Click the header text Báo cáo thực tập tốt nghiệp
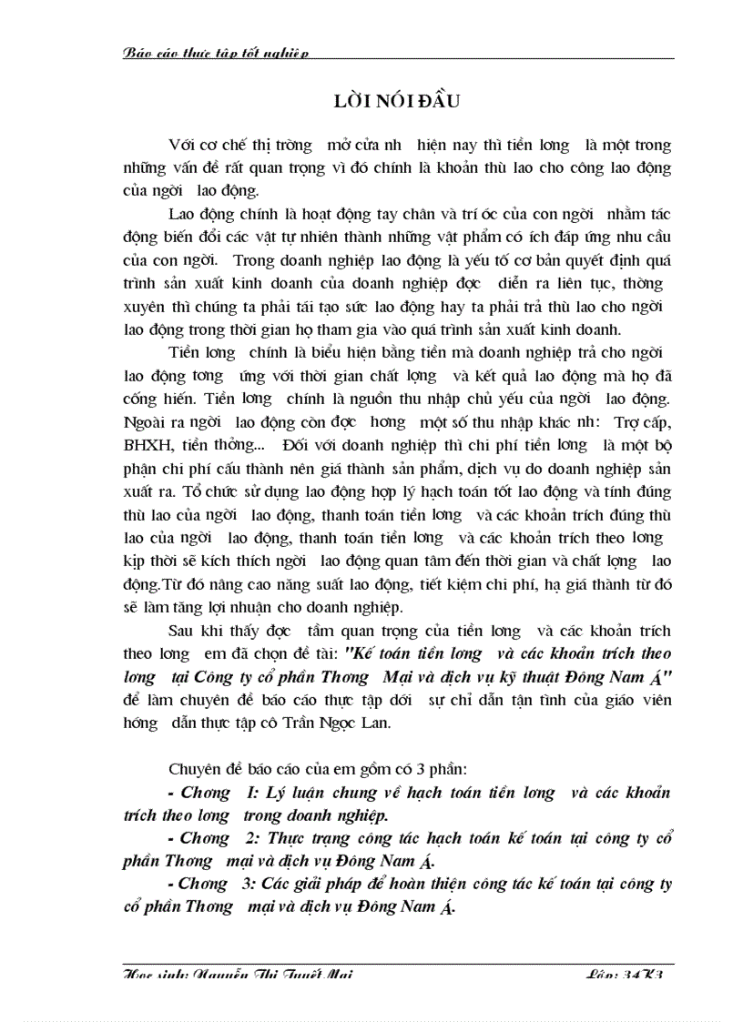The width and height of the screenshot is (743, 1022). pos(216,53)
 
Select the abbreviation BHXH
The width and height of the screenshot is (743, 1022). pos(145,444)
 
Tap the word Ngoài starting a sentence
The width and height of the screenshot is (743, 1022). pos(144,420)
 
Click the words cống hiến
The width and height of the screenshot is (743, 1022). pos(151,397)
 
